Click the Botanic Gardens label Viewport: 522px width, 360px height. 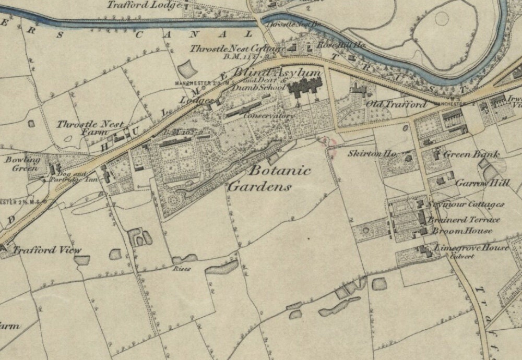coord(270,178)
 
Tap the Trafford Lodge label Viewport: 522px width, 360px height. coord(145,5)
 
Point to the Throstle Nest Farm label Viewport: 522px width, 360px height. coord(90,128)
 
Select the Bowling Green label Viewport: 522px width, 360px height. coord(23,163)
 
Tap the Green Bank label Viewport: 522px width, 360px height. coord(471,154)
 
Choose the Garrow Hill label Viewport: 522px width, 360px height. coord(482,183)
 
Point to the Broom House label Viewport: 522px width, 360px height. coord(462,231)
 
